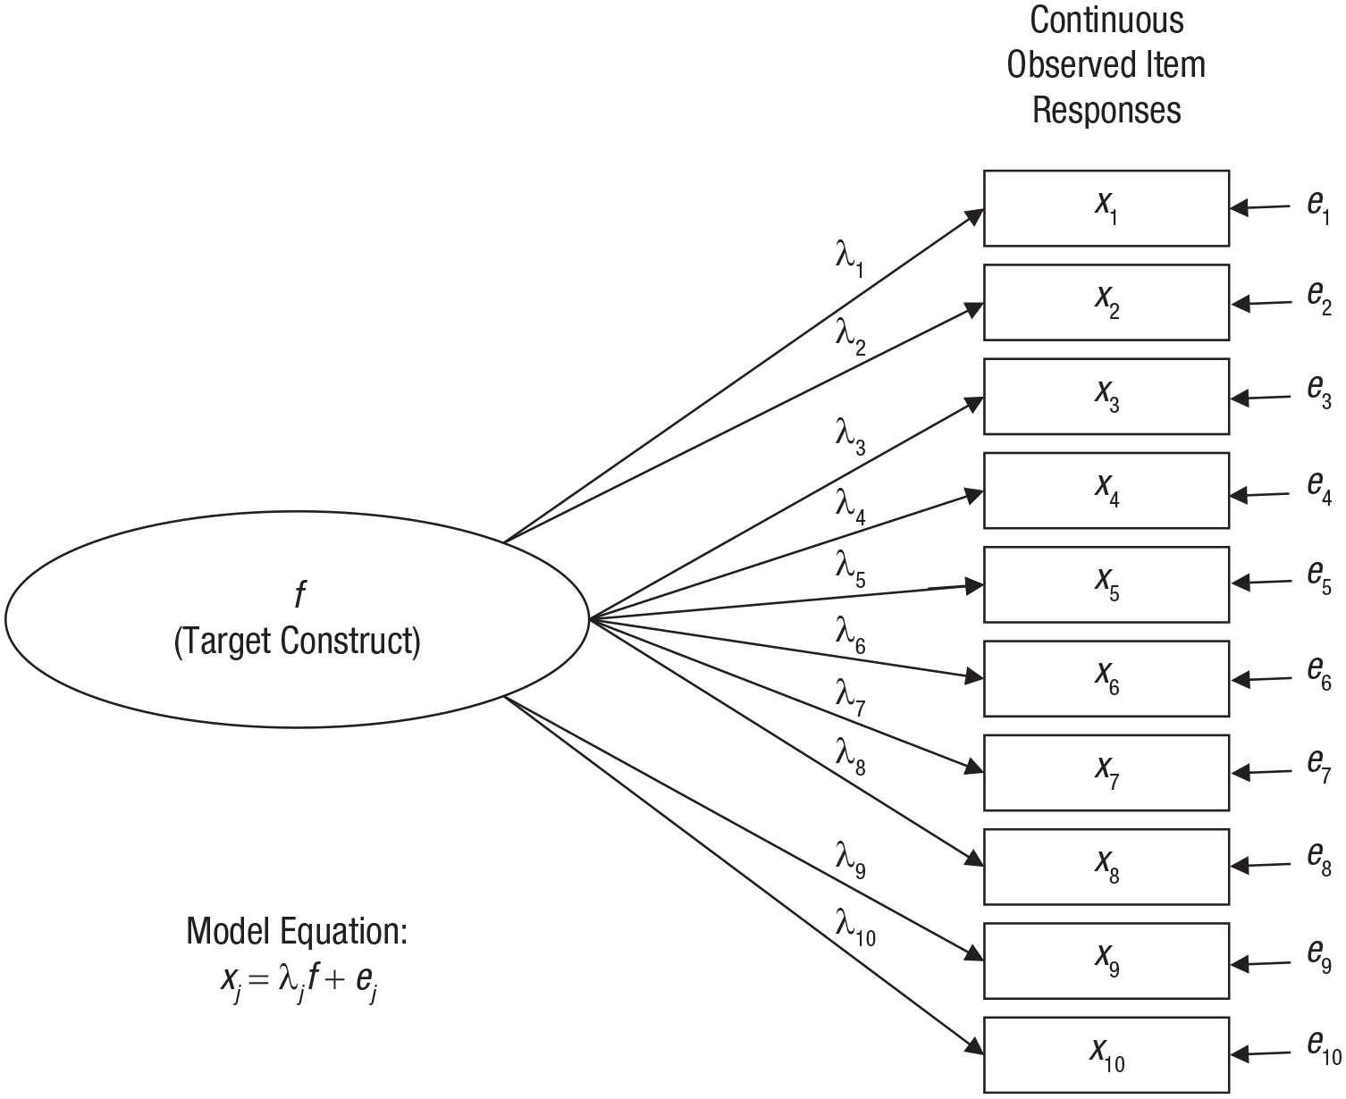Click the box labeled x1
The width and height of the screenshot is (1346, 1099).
click(1106, 208)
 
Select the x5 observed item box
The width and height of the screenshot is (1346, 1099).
click(1106, 584)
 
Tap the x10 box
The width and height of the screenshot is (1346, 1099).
click(1106, 1055)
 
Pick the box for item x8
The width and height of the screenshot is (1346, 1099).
click(1106, 867)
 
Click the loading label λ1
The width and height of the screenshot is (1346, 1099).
click(849, 259)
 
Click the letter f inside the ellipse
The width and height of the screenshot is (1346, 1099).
click(299, 593)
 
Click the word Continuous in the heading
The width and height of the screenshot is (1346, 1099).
click(1106, 20)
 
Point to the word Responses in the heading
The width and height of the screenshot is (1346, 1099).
click(1106, 110)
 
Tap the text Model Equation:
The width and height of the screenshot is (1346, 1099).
click(297, 931)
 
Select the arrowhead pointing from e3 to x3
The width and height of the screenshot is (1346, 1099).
click(1240, 398)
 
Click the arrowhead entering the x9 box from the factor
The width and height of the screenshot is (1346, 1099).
click(973, 953)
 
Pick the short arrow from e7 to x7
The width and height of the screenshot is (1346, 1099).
click(1261, 773)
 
